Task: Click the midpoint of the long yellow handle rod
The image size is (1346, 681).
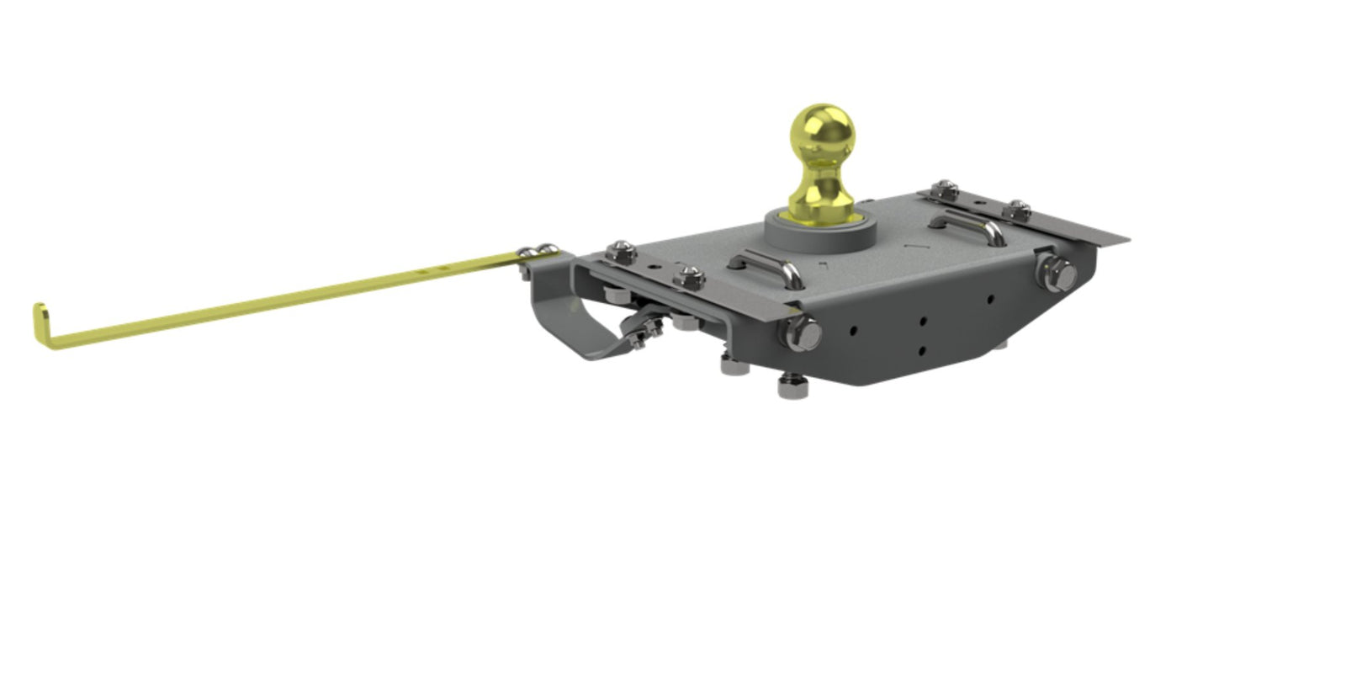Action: pyautogui.click(x=278, y=295)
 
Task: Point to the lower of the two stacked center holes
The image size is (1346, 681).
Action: pyautogui.click(x=923, y=349)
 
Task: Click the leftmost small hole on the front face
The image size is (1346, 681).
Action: pyautogui.click(x=855, y=331)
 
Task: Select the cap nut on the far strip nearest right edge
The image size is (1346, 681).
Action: pyautogui.click(x=1018, y=209)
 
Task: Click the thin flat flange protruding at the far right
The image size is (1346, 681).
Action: pyautogui.click(x=1102, y=232)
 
